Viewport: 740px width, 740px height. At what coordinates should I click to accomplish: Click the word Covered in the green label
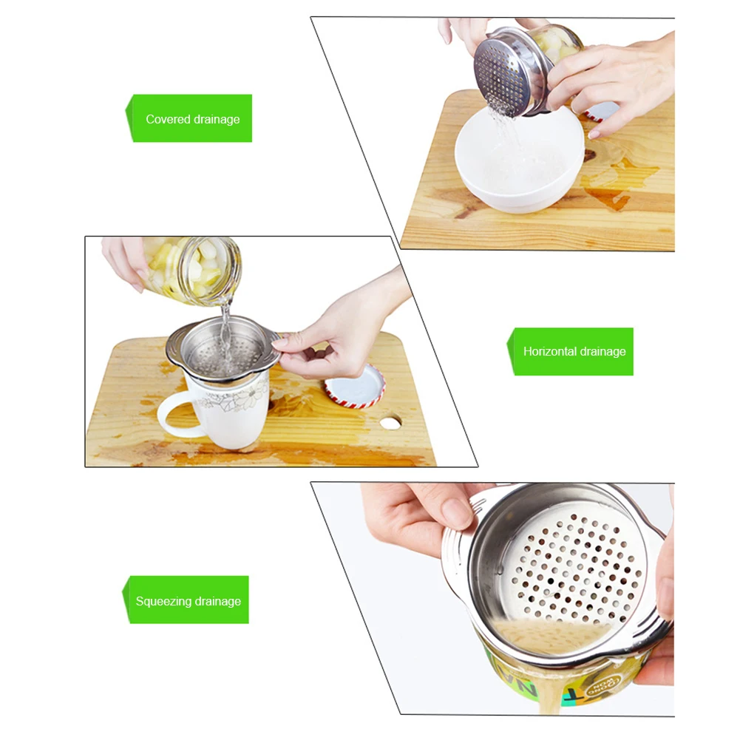click(x=167, y=119)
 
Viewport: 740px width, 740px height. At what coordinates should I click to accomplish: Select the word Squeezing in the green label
click(x=162, y=601)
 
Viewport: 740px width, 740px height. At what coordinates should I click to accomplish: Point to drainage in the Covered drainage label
click(x=217, y=119)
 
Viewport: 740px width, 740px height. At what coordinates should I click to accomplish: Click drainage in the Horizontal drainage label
click(x=602, y=351)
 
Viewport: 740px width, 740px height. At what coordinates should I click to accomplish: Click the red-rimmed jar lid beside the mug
click(x=356, y=387)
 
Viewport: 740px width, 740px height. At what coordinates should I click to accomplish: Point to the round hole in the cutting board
click(x=390, y=422)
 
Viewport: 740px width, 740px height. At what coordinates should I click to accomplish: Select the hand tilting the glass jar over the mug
click(x=126, y=259)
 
